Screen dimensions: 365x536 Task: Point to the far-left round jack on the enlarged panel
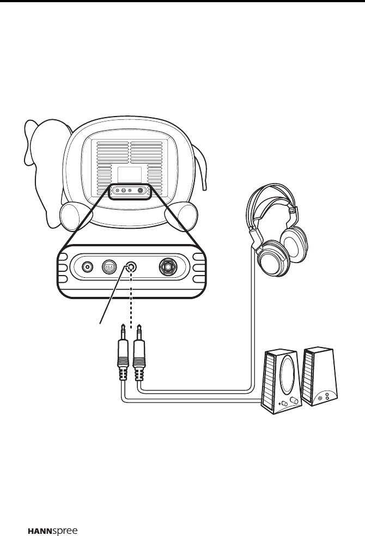click(87, 267)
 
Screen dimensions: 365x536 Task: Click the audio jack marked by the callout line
click(131, 267)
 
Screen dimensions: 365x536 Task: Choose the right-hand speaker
click(320, 376)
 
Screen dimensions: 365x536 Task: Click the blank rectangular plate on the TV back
click(130, 174)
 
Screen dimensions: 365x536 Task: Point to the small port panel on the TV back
click(129, 191)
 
